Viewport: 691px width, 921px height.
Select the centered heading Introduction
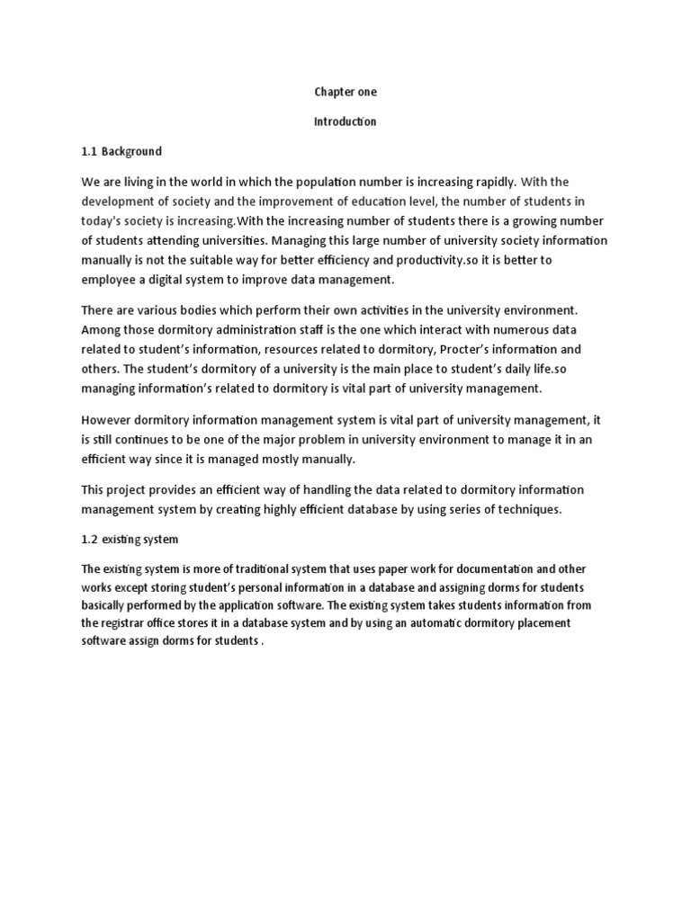point(345,121)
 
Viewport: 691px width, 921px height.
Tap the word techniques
point(528,509)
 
